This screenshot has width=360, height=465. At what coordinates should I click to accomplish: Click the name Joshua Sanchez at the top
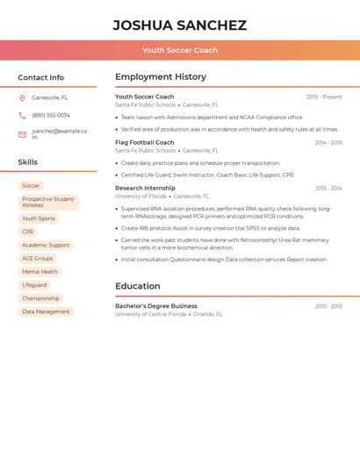tap(180, 25)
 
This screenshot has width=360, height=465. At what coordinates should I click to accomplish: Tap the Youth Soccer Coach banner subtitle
tap(180, 50)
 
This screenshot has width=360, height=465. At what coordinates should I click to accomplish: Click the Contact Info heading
tap(41, 77)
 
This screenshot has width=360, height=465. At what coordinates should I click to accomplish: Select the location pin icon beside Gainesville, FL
tap(22, 98)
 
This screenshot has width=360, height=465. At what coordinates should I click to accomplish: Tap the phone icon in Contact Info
tap(22, 115)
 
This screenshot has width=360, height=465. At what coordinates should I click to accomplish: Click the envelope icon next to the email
tap(22, 134)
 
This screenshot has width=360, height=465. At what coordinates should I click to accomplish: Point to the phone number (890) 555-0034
tap(51, 115)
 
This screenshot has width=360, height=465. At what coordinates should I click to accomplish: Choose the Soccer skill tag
tap(31, 186)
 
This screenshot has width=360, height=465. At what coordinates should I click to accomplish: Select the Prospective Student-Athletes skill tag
tap(49, 203)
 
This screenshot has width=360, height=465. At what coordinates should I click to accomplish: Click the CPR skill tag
tap(28, 232)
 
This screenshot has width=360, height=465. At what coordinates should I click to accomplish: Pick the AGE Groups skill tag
tap(38, 259)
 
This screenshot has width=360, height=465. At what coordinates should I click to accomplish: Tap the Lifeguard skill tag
tap(34, 285)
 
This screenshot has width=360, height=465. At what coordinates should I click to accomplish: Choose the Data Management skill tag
tap(46, 311)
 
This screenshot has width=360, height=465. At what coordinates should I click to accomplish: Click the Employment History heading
tap(161, 77)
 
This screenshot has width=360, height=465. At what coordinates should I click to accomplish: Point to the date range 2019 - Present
tap(324, 97)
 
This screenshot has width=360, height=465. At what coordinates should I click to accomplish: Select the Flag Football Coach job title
tap(145, 142)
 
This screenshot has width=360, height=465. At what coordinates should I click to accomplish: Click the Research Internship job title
tap(145, 188)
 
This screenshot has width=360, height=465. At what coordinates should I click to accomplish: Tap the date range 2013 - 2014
tap(328, 188)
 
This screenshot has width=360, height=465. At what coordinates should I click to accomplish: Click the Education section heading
tap(138, 286)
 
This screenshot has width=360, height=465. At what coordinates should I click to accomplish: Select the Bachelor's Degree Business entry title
tap(156, 306)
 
